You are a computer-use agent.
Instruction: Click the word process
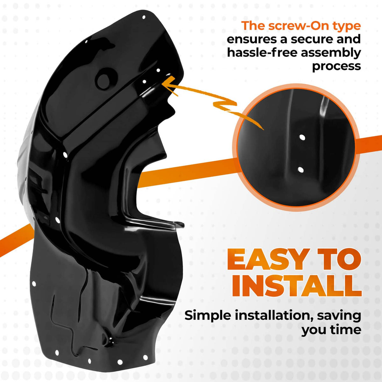(x=336, y=67)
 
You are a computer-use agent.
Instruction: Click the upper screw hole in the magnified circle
(x=302, y=137)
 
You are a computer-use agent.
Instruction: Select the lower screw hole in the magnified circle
(x=301, y=170)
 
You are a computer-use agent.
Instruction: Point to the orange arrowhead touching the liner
(x=168, y=85)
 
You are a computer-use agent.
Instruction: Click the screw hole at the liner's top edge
(x=144, y=17)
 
